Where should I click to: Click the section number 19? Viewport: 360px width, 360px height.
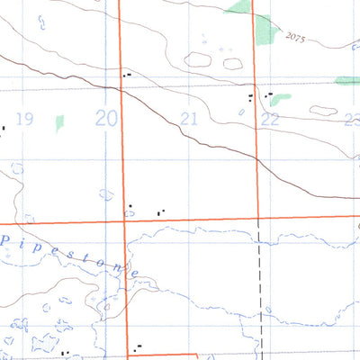point(24,119)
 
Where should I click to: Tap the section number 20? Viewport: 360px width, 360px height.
point(107,118)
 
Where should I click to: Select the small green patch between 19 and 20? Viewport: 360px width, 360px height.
point(60,123)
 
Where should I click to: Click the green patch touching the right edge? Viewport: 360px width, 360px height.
point(347,81)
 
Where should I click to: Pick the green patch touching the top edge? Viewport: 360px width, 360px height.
point(239,8)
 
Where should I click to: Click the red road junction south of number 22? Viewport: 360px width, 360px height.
point(259,218)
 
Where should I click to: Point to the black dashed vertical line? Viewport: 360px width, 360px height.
point(261,288)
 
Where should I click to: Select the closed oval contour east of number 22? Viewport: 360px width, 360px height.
point(323,111)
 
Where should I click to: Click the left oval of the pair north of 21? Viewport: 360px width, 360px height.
point(198,60)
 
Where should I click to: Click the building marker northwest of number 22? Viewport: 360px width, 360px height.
point(250,95)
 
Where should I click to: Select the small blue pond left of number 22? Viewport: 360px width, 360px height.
point(242,112)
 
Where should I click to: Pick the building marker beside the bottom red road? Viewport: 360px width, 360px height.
point(137,347)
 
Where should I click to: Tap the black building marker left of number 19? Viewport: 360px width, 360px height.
point(3,128)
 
